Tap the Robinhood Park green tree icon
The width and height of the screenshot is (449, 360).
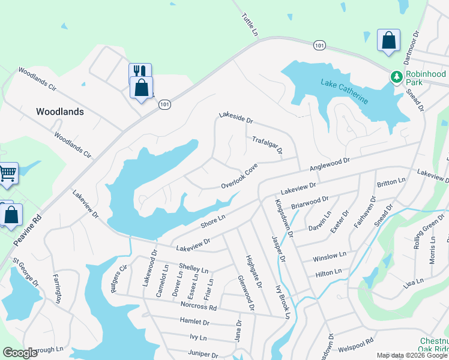(x=396, y=77)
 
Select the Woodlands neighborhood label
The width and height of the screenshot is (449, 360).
(x=60, y=112)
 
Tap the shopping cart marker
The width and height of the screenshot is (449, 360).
(x=7, y=173)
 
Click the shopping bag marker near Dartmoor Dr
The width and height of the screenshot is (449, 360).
(x=388, y=41)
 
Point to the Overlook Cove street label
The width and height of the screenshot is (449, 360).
(x=238, y=175)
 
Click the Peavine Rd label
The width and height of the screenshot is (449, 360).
(x=28, y=230)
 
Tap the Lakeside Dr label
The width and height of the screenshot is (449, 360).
(x=236, y=116)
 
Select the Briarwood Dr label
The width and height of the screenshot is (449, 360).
(x=310, y=202)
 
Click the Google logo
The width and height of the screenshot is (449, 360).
(x=20, y=353)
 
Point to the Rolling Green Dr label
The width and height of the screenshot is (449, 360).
(x=427, y=231)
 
